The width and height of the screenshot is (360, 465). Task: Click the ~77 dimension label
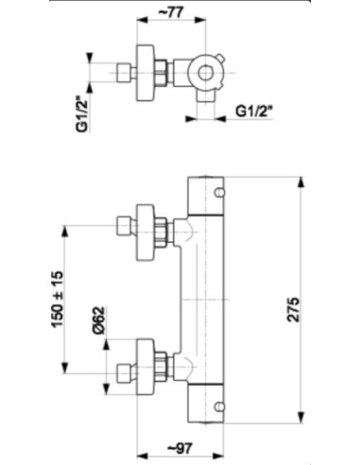[171, 12]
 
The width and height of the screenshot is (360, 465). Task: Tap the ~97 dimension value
[180, 448]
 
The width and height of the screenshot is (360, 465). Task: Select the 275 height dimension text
[293, 309]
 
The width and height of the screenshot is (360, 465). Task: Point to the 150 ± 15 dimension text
[57, 299]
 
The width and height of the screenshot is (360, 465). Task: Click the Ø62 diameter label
[98, 319]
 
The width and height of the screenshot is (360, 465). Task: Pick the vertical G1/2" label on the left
[82, 114]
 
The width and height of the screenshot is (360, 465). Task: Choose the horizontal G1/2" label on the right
[254, 112]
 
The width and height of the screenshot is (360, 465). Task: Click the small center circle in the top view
[205, 73]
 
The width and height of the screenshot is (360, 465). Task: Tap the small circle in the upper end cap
[219, 192]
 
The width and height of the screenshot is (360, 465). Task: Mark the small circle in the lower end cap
[219, 406]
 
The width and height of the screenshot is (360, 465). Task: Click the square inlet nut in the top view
[124, 73]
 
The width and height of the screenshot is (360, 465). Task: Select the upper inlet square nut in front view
[124, 226]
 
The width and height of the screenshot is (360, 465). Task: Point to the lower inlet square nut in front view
[124, 373]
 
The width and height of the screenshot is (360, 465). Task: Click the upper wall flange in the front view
[146, 232]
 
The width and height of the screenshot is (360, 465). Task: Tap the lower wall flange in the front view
[146, 367]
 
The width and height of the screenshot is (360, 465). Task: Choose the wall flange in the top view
[146, 73]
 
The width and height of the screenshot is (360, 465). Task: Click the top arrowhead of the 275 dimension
[301, 183]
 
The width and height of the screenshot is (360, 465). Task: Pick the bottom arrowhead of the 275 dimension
[301, 417]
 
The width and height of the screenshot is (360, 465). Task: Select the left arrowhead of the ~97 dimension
[143, 456]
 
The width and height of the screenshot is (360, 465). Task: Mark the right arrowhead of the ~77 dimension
[200, 20]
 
